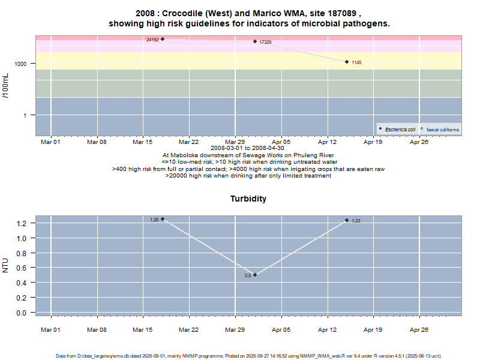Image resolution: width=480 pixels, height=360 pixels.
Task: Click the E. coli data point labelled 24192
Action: point(163,39)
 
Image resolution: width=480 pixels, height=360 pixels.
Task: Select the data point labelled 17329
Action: point(255,41)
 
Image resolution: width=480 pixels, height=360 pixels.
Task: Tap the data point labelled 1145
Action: point(347,62)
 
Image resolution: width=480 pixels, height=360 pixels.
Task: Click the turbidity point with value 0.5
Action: point(255,275)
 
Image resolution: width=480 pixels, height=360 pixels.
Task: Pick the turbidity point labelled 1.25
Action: point(163,219)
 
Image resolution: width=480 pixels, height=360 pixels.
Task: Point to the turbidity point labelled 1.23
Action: point(347,220)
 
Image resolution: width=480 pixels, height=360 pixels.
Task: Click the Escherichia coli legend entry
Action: point(400,130)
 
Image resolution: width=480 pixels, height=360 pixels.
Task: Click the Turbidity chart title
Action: point(248,199)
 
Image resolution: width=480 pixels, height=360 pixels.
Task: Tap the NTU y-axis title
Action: point(6,265)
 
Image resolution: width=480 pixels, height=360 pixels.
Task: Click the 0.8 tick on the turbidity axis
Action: point(22,253)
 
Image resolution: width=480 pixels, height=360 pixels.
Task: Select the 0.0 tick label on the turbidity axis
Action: point(22,313)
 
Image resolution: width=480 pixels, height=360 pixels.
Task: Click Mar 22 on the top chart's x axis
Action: point(189,142)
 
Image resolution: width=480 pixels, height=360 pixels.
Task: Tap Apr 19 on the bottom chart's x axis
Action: point(373,330)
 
